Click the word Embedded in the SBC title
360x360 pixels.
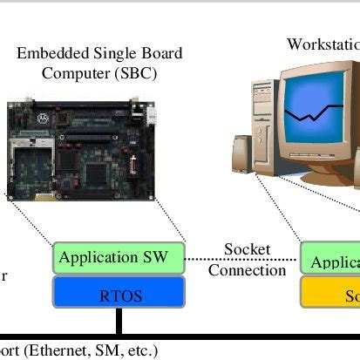point(48,54)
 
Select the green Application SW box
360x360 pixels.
point(119,258)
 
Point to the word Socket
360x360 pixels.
point(247,250)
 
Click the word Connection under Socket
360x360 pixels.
point(247,270)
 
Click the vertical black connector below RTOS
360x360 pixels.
point(119,322)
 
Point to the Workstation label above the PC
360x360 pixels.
point(323,44)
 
